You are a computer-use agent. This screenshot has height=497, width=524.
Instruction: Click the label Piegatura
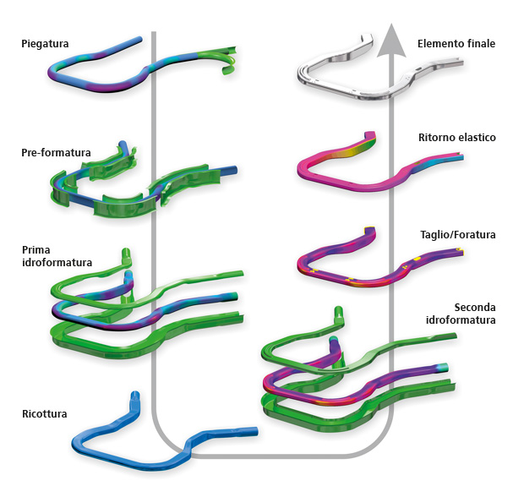pyautogui.click(x=45, y=44)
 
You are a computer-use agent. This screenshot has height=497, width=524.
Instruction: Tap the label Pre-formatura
pyautogui.click(x=56, y=153)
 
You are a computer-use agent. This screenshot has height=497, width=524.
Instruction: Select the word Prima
pyautogui.click(x=36, y=249)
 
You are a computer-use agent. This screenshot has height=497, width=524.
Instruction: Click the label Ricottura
pyautogui.click(x=45, y=414)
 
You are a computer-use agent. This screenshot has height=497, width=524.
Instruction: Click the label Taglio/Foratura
pyautogui.click(x=458, y=235)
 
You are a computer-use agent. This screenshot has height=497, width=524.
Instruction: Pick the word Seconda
pyautogui.click(x=475, y=308)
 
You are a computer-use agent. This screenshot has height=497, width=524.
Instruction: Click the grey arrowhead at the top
pyautogui.click(x=391, y=40)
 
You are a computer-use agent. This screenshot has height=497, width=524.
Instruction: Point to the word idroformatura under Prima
pyautogui.click(x=57, y=263)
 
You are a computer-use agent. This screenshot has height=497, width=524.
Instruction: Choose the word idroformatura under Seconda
pyautogui.click(x=461, y=320)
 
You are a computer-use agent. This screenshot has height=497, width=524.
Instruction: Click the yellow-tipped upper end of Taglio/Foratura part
pyautogui.click(x=369, y=230)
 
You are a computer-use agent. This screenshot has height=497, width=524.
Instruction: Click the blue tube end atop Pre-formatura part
pyautogui.click(x=123, y=146)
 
